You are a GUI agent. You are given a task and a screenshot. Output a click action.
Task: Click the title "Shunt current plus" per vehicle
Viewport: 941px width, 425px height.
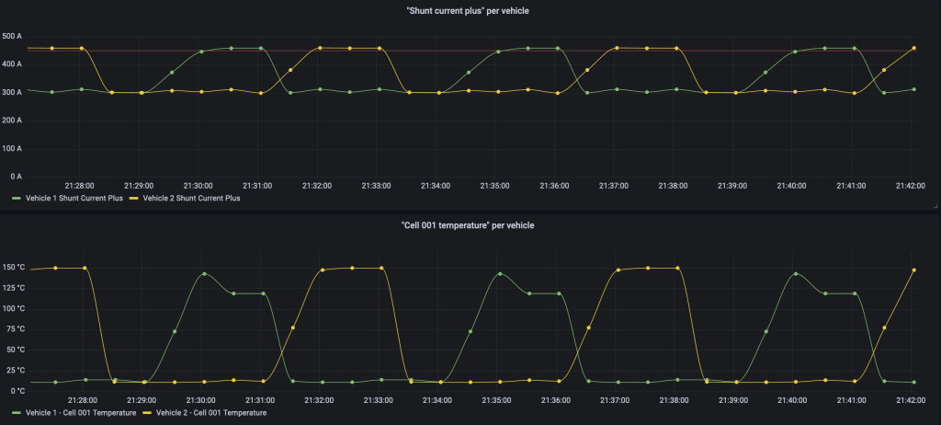pyautogui.click(x=470, y=10)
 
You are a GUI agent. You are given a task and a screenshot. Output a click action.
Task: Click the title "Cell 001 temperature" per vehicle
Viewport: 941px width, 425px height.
pyautogui.click(x=470, y=224)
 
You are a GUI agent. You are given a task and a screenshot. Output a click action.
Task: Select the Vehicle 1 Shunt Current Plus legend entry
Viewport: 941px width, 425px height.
pyautogui.click(x=67, y=198)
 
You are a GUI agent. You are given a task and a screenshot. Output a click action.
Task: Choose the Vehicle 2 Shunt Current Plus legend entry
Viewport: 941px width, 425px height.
pyautogui.click(x=188, y=198)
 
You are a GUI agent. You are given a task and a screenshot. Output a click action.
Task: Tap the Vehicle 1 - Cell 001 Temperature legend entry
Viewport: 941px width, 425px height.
pyautogui.click(x=81, y=413)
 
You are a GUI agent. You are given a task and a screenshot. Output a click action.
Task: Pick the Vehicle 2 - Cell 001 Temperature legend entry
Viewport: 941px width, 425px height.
pyautogui.click(x=211, y=413)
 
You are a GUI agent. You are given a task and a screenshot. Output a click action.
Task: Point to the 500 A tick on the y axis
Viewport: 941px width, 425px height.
pyautogui.click(x=12, y=36)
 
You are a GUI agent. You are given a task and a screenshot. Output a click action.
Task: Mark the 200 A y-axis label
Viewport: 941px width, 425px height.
pyautogui.click(x=12, y=120)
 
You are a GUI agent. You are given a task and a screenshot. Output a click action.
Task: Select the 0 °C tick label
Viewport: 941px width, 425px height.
pyautogui.click(x=16, y=390)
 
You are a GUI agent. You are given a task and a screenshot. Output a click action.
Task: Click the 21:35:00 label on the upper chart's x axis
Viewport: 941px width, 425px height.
pyautogui.click(x=494, y=185)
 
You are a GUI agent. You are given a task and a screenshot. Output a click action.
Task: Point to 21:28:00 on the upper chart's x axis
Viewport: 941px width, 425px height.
pyautogui.click(x=79, y=185)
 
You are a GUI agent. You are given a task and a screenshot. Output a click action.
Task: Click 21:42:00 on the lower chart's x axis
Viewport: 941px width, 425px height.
pyautogui.click(x=910, y=400)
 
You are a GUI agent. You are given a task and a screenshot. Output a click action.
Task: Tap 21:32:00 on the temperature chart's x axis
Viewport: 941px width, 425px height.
pyautogui.click(x=317, y=400)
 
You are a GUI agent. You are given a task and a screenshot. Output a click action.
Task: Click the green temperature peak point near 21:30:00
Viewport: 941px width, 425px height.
pyautogui.click(x=204, y=273)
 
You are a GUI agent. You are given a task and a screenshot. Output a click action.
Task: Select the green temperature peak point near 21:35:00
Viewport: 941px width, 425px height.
pyautogui.click(x=500, y=273)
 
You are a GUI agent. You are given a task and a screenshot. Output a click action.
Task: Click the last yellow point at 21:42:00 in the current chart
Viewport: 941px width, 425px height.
pyautogui.click(x=913, y=48)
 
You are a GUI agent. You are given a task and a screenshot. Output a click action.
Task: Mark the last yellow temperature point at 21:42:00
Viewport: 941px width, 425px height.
pyautogui.click(x=913, y=270)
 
